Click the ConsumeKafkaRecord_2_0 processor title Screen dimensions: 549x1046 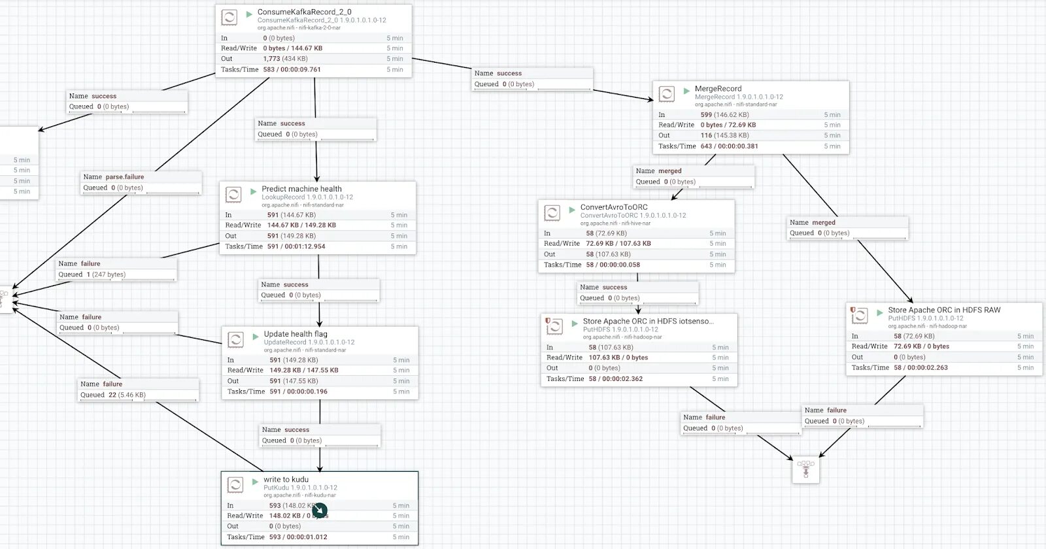pos(304,12)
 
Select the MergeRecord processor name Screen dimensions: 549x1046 pos(718,89)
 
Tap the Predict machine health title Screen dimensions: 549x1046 pos(301,189)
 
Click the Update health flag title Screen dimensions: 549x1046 pos(295,334)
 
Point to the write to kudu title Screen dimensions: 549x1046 pos(286,480)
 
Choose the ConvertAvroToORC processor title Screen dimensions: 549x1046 pos(614,207)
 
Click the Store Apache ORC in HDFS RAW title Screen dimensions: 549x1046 pos(944,310)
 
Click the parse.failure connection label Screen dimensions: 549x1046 pos(124,177)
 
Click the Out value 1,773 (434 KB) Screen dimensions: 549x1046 pos(285,59)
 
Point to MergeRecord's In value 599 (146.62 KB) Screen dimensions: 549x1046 pos(724,115)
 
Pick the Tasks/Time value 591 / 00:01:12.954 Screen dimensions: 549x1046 pos(296,247)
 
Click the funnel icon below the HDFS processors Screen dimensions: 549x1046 pos(805,469)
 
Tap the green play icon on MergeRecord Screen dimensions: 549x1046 pos(686,91)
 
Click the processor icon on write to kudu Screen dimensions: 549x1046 pos(235,484)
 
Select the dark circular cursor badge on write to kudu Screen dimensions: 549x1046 pos(320,510)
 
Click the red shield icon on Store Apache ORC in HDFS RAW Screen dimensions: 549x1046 pos(852,310)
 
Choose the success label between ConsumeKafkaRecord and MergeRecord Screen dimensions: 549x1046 pos(509,74)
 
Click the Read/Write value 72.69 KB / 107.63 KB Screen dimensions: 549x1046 pos(618,244)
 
